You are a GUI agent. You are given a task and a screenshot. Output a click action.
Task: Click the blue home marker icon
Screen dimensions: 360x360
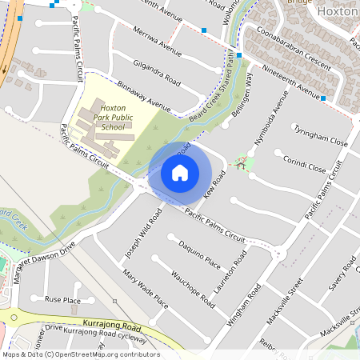[180, 172]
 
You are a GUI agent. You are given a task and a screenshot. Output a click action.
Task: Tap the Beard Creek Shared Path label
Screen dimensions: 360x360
[215, 89]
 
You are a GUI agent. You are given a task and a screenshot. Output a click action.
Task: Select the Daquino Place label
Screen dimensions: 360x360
[199, 251]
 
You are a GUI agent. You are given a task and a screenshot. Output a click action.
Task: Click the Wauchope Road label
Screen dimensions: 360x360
[193, 289]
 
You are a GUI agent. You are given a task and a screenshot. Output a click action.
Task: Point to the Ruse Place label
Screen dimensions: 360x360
[62, 299]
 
